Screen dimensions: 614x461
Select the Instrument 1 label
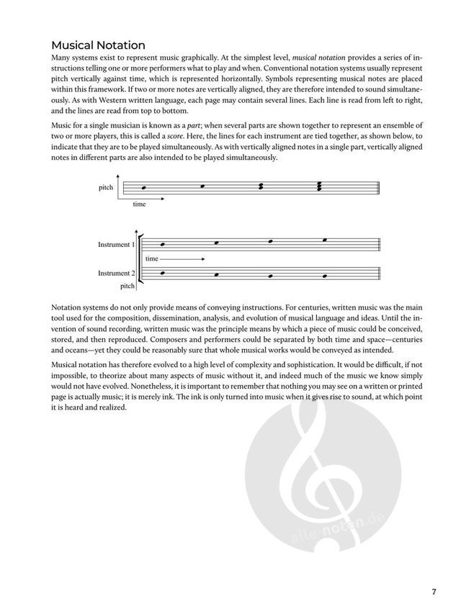pyautogui.click(x=116, y=245)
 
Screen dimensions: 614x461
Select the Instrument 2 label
pyautogui.click(x=116, y=274)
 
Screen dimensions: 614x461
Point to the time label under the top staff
pyautogui.click(x=139, y=204)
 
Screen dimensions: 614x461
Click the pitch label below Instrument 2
pyautogui.click(x=127, y=286)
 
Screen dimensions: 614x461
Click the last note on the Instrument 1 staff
pyautogui.click(x=325, y=240)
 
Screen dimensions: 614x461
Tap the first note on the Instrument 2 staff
pyautogui.click(x=163, y=272)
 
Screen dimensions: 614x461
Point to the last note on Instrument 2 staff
pyautogui.click(x=325, y=276)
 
